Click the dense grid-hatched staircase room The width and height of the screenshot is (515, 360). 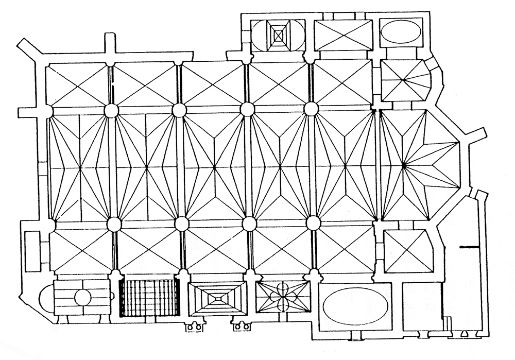[x=149, y=297]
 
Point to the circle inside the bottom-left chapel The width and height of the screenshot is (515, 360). [x=82, y=297]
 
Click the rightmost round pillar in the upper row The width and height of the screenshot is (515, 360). [x=311, y=109]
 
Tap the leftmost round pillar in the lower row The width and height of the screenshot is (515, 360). [x=113, y=225]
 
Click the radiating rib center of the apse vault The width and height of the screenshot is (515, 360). [x=404, y=165]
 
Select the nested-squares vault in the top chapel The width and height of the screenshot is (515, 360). [x=279, y=35]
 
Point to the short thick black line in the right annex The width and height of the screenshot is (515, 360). [x=468, y=247]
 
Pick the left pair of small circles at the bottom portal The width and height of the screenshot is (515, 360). [x=194, y=325]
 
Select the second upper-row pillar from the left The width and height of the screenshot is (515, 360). [x=179, y=110]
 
